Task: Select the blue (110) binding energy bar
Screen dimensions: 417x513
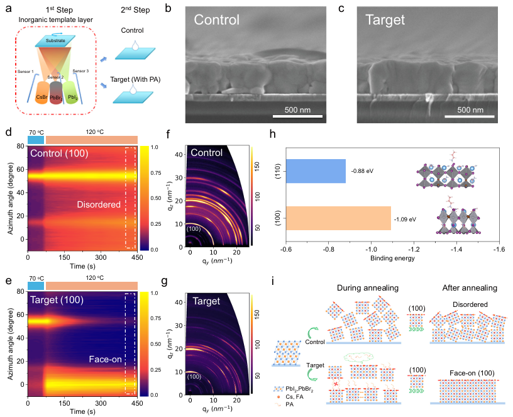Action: click(316, 171)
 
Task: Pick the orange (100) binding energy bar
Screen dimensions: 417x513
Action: click(338, 218)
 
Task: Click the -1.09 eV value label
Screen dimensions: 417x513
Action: click(405, 219)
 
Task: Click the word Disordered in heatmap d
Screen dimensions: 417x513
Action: click(97, 204)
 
